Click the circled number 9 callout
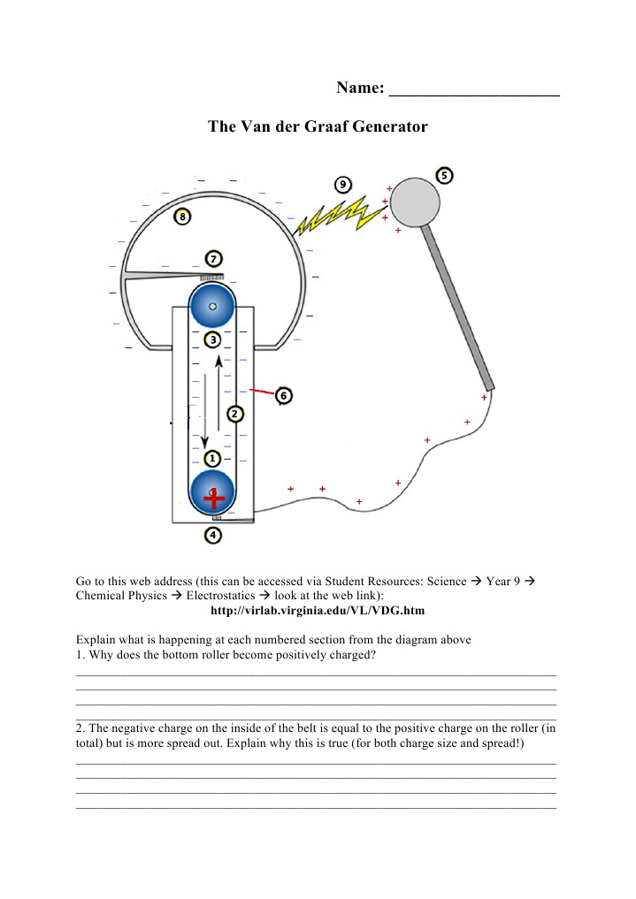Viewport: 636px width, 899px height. (x=342, y=185)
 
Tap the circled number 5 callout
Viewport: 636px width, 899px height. (x=444, y=175)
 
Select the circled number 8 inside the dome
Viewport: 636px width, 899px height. (x=182, y=217)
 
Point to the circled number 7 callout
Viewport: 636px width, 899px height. (x=213, y=259)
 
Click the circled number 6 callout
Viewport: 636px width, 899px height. (x=283, y=396)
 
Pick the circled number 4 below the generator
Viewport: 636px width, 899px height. (x=213, y=536)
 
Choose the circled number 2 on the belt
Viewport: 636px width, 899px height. (x=235, y=414)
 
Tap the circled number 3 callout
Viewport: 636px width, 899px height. (x=213, y=340)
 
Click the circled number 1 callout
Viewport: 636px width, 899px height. (x=212, y=459)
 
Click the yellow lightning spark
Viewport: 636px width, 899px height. (x=339, y=216)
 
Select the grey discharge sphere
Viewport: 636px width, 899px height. (x=415, y=202)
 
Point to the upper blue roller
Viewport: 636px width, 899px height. (x=212, y=306)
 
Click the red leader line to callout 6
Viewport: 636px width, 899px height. (x=262, y=392)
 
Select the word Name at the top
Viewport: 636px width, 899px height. (x=360, y=88)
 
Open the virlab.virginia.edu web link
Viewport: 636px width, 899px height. (x=318, y=611)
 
